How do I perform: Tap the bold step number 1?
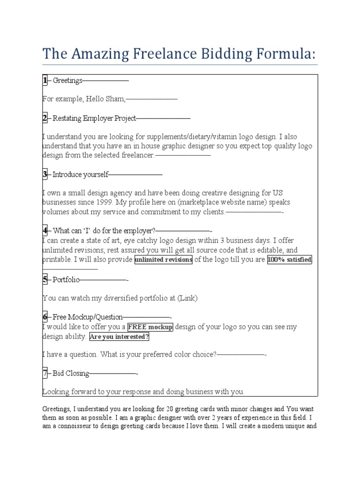point(45,81)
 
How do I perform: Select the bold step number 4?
point(45,231)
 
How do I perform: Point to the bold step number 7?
point(45,373)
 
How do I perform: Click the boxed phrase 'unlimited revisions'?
point(163,260)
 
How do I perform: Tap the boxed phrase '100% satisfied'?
point(290,260)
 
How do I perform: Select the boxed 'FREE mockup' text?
point(150,327)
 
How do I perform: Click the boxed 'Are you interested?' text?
point(119,337)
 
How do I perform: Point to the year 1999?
point(102,202)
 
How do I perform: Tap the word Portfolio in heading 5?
point(66,280)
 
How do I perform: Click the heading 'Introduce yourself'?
point(80,174)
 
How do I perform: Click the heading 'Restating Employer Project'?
point(94,118)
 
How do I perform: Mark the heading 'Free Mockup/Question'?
point(88,317)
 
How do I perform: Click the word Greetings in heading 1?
point(67,81)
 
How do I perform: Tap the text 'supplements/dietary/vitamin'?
point(186,137)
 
